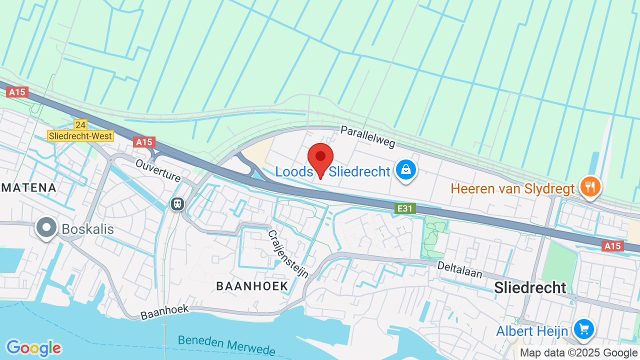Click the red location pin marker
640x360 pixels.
[320, 158]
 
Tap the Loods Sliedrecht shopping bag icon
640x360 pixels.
[406, 170]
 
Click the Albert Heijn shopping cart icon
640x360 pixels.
[583, 329]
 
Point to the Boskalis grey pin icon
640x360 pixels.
[46, 227]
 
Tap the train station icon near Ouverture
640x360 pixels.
[176, 203]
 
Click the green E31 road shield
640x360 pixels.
[405, 208]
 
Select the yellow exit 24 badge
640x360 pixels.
[80, 124]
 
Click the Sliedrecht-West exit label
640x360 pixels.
[80, 135]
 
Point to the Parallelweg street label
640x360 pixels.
[367, 136]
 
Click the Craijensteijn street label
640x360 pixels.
[287, 254]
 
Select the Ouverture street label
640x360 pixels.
[158, 170]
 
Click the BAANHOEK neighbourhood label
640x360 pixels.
[252, 286]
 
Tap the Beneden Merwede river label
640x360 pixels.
[226, 344]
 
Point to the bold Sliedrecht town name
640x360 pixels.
[530, 287]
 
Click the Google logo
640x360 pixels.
[33, 348]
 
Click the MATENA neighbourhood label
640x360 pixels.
[28, 187]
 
